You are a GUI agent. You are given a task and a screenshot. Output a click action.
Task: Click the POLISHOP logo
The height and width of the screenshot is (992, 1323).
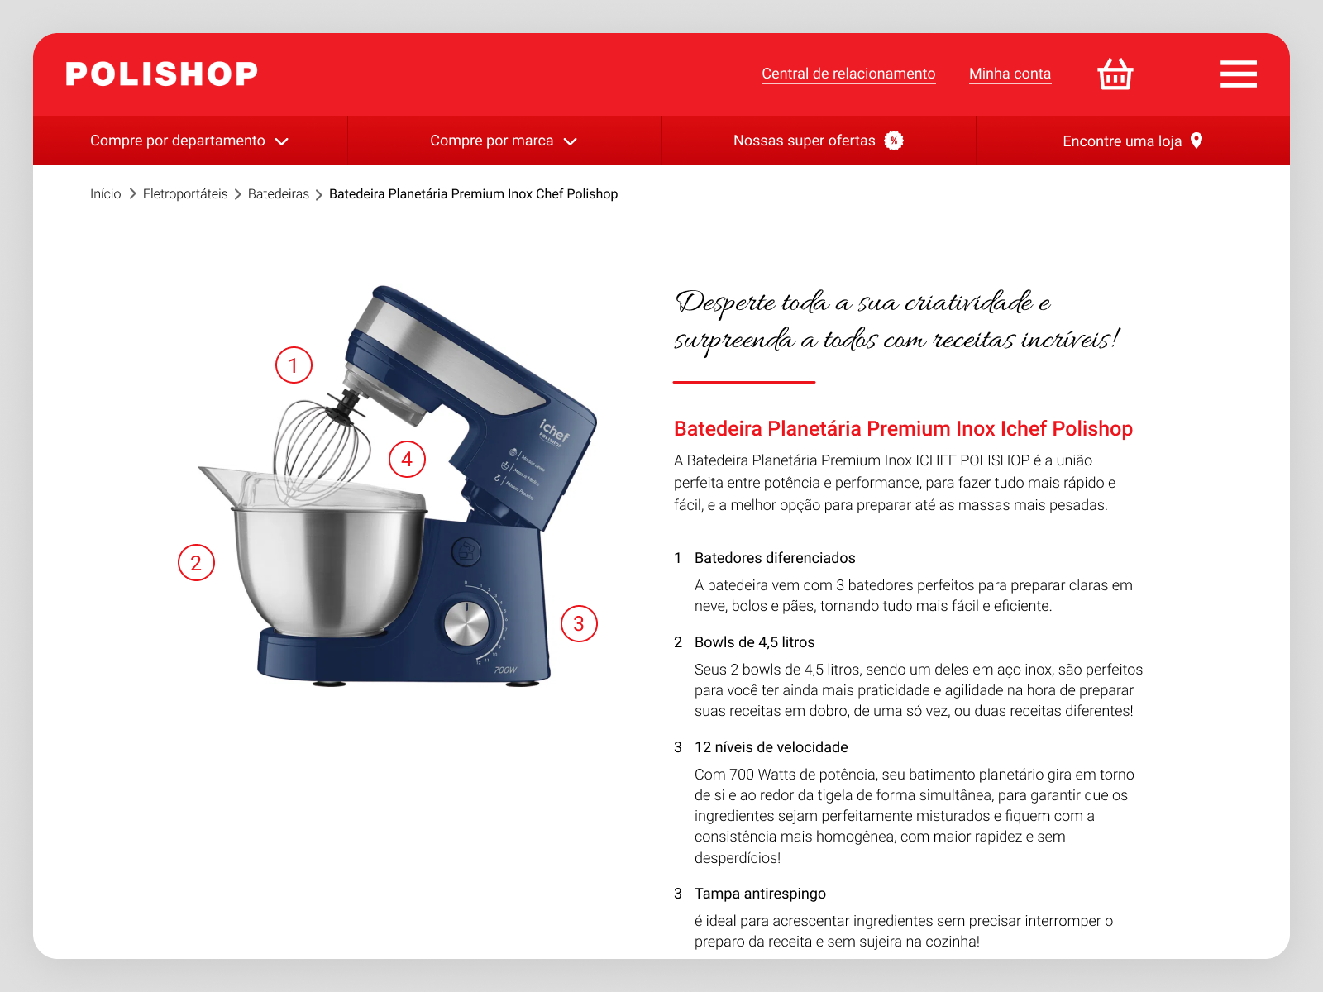point(161,74)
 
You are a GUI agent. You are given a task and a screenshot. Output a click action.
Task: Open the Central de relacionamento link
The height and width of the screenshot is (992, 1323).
point(848,74)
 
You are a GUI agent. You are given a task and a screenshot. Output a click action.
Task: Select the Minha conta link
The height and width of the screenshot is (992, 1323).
point(1010,74)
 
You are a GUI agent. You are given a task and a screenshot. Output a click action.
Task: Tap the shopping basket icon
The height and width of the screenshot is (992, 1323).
point(1115,74)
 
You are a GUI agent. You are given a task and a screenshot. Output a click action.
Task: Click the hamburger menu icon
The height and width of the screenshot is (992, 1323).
point(1238,74)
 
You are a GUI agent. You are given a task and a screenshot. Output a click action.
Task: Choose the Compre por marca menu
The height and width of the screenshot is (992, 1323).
point(504,141)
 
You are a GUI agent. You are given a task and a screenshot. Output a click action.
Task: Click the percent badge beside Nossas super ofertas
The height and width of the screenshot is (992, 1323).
point(893,141)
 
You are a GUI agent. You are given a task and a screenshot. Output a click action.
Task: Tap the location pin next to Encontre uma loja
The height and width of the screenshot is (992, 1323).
point(1196,141)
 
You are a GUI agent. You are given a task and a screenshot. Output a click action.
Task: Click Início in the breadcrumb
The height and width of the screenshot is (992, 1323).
point(106,194)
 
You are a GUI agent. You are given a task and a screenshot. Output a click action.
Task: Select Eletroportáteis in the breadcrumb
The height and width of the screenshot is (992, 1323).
point(185,194)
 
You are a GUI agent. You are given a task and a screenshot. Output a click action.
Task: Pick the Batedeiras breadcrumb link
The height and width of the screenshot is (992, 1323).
point(279,194)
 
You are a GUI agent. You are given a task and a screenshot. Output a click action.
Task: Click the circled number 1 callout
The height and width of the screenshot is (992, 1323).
point(294,365)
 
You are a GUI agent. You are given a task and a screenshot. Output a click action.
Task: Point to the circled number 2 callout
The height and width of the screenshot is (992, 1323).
point(196,563)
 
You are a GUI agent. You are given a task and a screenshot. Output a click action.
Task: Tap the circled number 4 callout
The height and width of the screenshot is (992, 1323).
point(407,460)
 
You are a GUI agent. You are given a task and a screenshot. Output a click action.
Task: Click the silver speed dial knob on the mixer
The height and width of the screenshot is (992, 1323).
point(466,622)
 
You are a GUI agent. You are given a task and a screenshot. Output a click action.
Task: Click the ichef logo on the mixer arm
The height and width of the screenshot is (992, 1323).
point(554,432)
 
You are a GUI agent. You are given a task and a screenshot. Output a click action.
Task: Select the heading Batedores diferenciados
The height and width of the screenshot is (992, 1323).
point(775,558)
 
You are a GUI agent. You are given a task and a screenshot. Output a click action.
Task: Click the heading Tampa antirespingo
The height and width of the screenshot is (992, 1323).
point(760,894)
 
